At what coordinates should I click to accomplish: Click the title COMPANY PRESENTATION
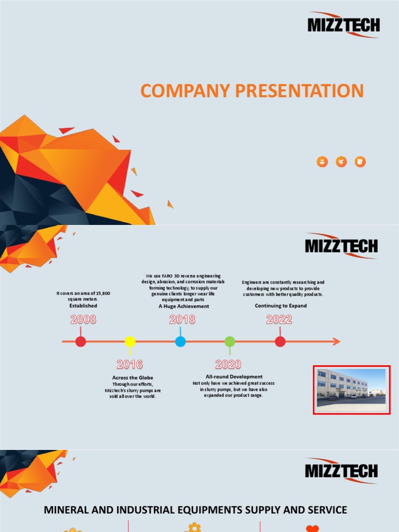pyautogui.click(x=252, y=91)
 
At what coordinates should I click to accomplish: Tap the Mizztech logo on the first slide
pyautogui.click(x=343, y=24)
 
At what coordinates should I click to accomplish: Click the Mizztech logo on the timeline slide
pyautogui.click(x=341, y=246)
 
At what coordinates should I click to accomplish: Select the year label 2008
pyautogui.click(x=83, y=320)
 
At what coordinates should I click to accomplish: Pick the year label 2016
pyautogui.click(x=130, y=364)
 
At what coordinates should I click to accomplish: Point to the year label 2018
pyautogui.click(x=182, y=320)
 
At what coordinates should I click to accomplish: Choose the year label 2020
pyautogui.click(x=229, y=364)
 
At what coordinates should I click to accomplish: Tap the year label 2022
pyautogui.click(x=280, y=320)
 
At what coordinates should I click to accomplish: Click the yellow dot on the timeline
pyautogui.click(x=130, y=341)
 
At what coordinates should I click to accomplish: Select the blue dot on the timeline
pyautogui.click(x=180, y=341)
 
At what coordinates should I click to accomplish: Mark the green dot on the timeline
pyautogui.click(x=230, y=341)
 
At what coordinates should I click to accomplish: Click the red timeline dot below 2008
pyautogui.click(x=81, y=341)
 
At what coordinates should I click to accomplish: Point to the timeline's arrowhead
pyautogui.click(x=336, y=341)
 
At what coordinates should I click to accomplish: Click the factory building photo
pyautogui.click(x=351, y=389)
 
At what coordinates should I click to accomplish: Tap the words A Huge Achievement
pyautogui.click(x=184, y=307)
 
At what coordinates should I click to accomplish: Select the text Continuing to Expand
pyautogui.click(x=281, y=306)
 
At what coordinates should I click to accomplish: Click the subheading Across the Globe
pyautogui.click(x=132, y=378)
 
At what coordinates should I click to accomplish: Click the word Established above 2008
pyautogui.click(x=83, y=306)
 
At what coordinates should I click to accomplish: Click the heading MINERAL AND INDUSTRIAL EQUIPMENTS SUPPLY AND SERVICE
pyautogui.click(x=195, y=510)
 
